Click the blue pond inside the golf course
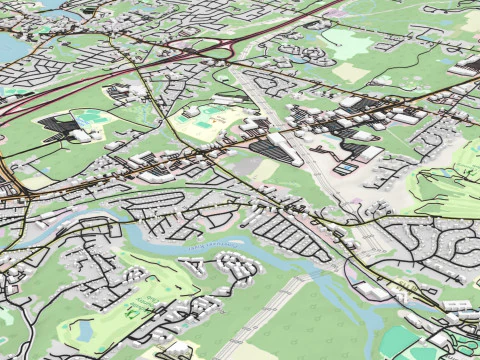pyautogui.click(x=84, y=328)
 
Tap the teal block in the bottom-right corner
pyautogui.click(x=399, y=340)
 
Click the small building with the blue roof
pyautogui.click(x=345, y=169)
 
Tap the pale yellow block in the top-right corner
pyautogui.click(x=471, y=20)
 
